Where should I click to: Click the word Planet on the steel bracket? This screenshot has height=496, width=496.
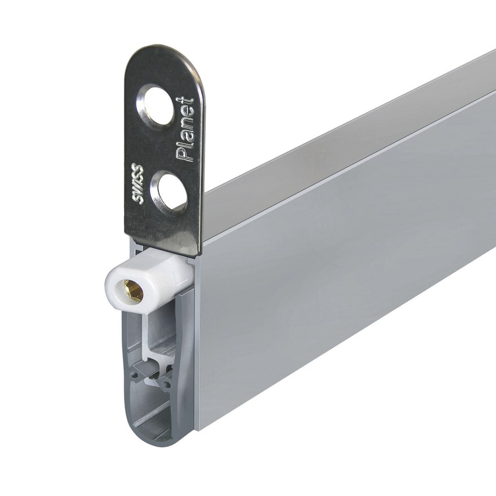[185, 130]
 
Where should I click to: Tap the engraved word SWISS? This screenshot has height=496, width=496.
[138, 184]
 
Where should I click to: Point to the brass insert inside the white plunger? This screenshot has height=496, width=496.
[133, 291]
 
